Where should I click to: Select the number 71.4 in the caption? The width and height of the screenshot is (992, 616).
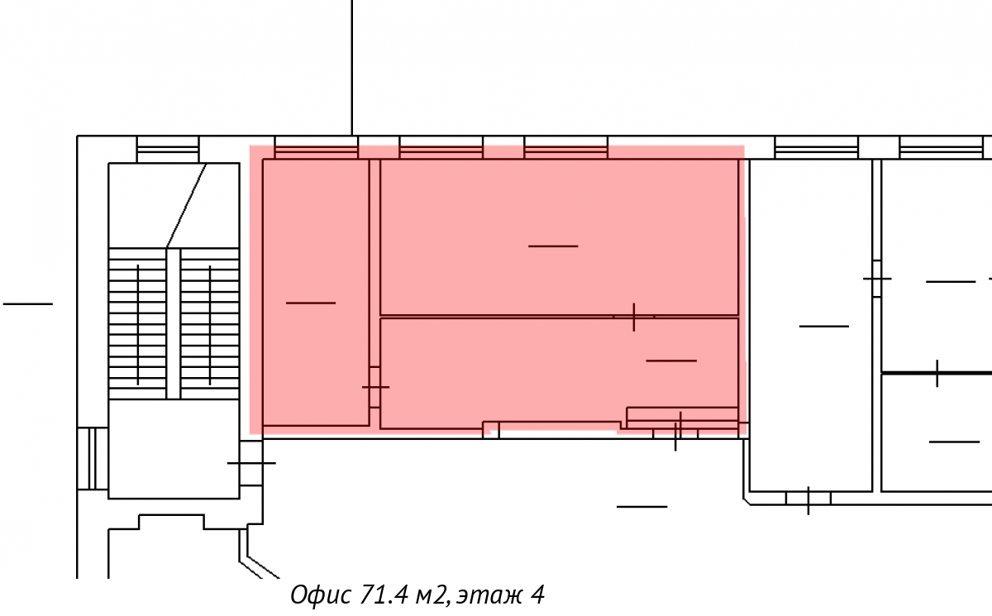(x=384, y=595)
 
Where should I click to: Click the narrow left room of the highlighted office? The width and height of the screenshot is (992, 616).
(x=316, y=292)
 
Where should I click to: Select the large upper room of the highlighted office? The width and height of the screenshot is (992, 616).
(x=560, y=237)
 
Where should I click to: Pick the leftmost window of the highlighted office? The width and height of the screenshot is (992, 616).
(x=316, y=152)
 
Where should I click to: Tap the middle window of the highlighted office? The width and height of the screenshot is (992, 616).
(x=441, y=152)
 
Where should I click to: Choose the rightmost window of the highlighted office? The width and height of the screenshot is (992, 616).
(x=566, y=152)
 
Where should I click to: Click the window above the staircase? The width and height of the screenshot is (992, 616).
(x=168, y=149)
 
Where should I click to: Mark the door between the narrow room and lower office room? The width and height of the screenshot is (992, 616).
(x=375, y=387)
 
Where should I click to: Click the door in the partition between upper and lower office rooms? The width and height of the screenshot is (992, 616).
(x=634, y=317)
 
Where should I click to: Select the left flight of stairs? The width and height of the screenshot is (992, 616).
(x=138, y=324)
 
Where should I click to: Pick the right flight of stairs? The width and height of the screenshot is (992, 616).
(x=210, y=324)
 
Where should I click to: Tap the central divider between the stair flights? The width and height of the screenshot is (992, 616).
(x=174, y=324)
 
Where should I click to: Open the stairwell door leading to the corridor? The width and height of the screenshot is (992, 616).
(x=251, y=463)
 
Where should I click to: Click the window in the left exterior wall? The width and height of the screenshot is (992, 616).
(x=93, y=458)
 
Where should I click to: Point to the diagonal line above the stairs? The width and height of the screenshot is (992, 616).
(x=187, y=206)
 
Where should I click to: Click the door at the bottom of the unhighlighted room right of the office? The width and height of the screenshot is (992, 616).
(x=808, y=498)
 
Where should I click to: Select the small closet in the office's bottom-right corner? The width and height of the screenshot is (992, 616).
(x=683, y=418)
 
